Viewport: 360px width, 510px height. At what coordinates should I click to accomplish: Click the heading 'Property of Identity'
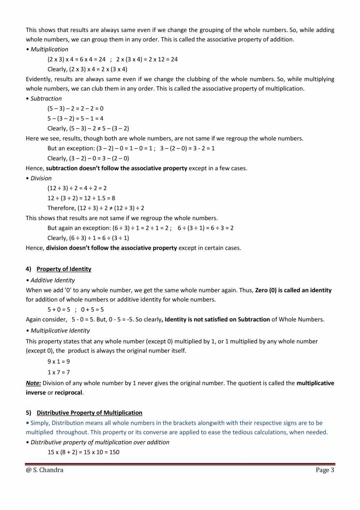[x=63, y=269]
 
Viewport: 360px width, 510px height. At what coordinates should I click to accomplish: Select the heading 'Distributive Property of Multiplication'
[x=89, y=413]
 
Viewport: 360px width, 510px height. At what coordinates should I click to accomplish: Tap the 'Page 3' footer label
[x=322, y=470]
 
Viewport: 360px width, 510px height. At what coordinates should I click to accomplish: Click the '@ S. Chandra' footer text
[x=45, y=470]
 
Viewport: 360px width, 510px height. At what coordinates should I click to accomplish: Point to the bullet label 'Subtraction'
[x=46, y=98]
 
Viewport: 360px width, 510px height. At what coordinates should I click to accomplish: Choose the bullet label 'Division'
[x=41, y=178]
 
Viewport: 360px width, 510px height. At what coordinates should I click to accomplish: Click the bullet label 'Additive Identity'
[x=52, y=280]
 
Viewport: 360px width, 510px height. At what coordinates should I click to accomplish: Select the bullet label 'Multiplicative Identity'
[x=60, y=331]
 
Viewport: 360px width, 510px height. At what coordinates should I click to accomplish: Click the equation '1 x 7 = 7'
[x=59, y=372]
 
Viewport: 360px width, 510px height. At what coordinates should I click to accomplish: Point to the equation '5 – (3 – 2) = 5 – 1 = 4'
[x=75, y=118]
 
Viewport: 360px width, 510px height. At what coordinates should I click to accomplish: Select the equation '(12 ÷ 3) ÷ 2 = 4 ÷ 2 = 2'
[x=77, y=188]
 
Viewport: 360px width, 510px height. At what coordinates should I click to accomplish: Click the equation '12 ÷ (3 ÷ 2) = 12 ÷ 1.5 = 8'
[x=81, y=198]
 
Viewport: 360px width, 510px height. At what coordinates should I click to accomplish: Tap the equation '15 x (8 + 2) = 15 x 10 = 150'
[x=83, y=451]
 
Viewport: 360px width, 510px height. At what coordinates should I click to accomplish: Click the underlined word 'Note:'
[x=33, y=382]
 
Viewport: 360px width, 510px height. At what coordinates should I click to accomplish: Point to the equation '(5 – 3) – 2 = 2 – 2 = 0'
[x=75, y=109]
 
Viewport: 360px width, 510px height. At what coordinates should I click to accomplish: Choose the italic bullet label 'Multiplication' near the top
[x=49, y=49]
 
